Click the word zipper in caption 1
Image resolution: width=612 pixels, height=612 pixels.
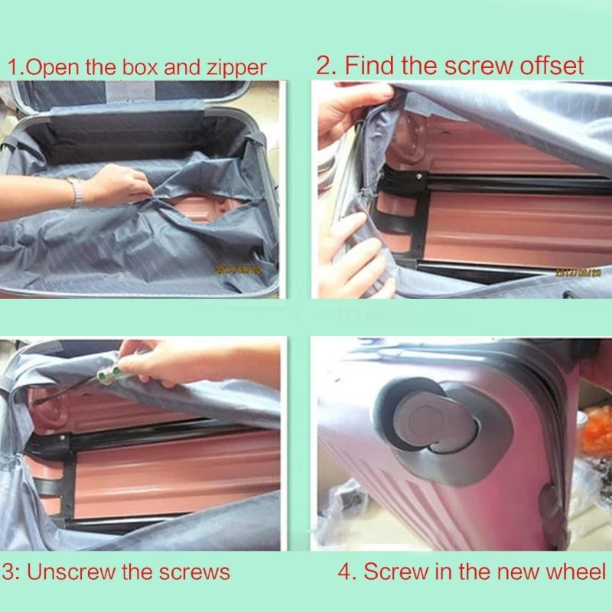click(x=233, y=67)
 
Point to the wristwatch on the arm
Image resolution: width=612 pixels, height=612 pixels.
click(x=76, y=192)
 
